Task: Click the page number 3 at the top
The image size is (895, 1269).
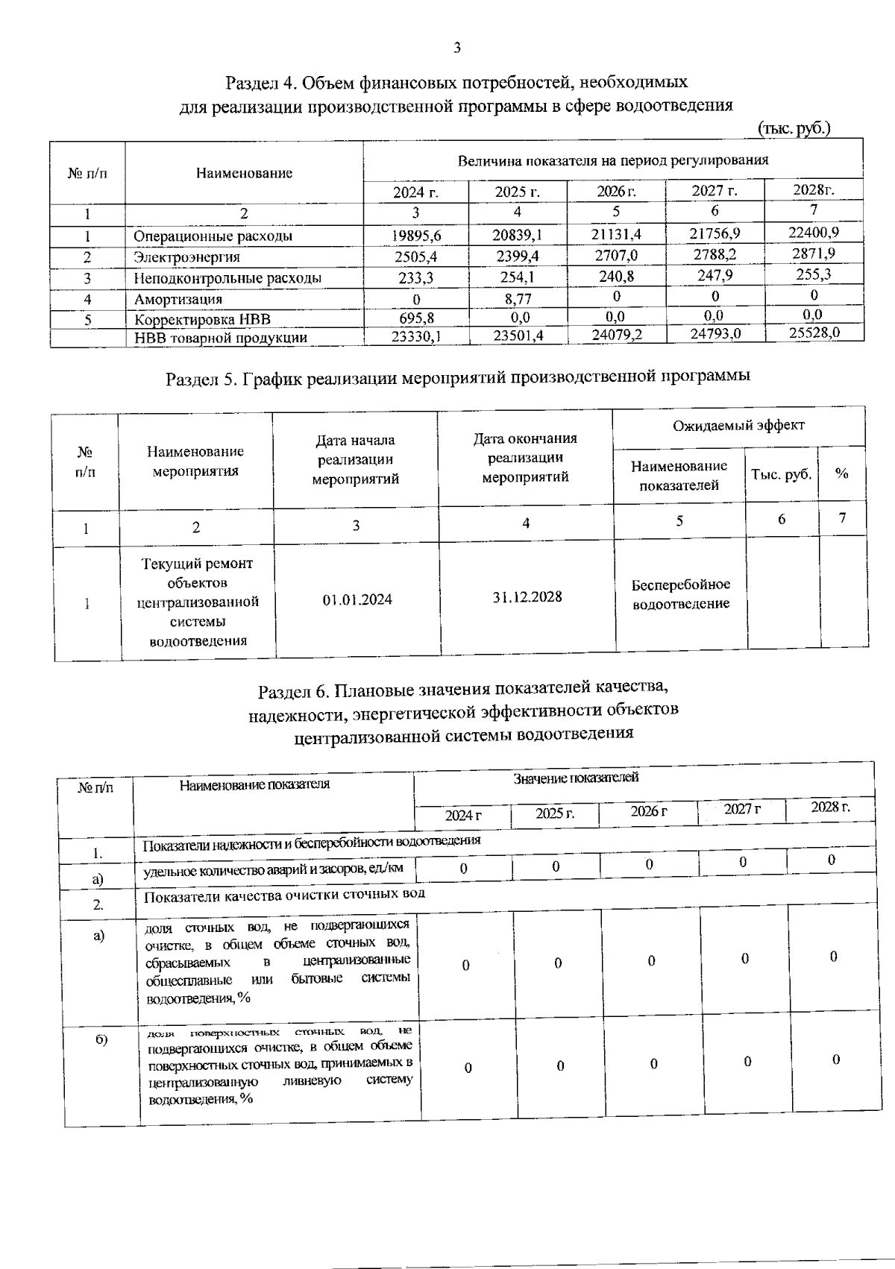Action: tap(456, 49)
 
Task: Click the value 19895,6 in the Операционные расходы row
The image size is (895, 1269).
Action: tap(416, 236)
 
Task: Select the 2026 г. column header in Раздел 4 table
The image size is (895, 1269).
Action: tap(616, 192)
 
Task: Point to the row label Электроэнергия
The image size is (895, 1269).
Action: tap(187, 257)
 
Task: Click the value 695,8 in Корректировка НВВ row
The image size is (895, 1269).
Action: tap(416, 319)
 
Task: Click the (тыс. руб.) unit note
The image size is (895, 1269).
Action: tap(794, 129)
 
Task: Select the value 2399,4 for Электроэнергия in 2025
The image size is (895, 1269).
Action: tap(518, 256)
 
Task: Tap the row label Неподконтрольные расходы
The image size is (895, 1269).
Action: tap(227, 278)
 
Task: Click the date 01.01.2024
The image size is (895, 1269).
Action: tap(357, 599)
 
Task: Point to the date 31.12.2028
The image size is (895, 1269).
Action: tap(527, 597)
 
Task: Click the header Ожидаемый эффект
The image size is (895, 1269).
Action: tap(738, 426)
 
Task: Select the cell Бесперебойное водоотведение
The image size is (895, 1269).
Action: tap(680, 594)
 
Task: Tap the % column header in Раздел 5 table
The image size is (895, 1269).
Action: tap(842, 473)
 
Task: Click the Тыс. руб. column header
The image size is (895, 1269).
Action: tap(781, 474)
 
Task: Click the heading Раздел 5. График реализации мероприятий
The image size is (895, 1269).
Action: tap(457, 377)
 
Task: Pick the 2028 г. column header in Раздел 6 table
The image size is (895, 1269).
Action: tap(830, 807)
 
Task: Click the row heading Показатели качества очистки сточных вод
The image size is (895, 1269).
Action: tap(284, 893)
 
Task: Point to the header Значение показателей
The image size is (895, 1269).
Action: tap(576, 778)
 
